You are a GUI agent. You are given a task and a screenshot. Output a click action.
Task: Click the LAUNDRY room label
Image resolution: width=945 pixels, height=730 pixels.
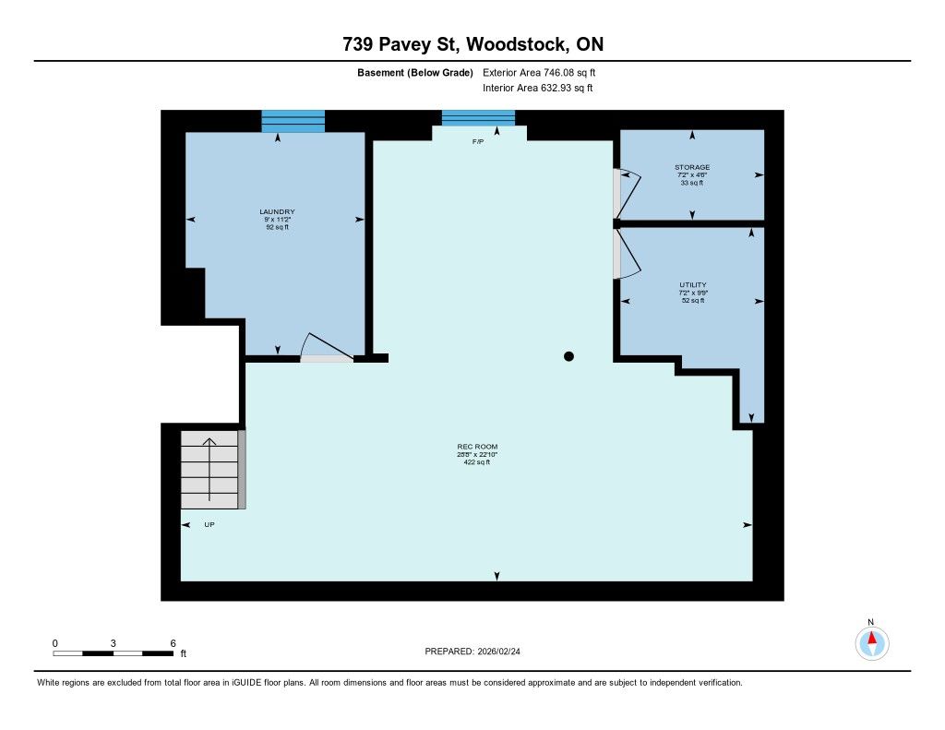(x=277, y=211)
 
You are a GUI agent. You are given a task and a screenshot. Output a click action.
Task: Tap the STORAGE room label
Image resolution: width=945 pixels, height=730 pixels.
(x=692, y=167)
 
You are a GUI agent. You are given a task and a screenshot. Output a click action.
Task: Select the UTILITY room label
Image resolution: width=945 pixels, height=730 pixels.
(x=693, y=284)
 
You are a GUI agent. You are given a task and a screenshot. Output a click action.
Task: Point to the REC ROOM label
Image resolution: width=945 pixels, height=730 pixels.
(x=477, y=447)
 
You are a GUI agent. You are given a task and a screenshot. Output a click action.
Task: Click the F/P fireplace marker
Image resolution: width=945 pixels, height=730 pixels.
(x=478, y=141)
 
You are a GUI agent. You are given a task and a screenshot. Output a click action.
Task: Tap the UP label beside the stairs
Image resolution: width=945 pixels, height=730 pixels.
(x=209, y=524)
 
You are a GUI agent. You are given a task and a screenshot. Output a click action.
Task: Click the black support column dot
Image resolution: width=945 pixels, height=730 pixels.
(x=568, y=356)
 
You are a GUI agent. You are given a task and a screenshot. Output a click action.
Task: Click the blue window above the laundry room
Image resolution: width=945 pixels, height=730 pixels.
(x=293, y=121)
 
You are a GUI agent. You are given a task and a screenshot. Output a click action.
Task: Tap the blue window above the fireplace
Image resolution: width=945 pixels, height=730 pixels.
(x=479, y=117)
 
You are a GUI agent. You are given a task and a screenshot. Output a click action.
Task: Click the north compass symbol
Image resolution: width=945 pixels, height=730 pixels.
(x=871, y=643)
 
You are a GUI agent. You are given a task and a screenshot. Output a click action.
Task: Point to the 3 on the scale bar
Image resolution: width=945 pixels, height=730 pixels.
(x=113, y=643)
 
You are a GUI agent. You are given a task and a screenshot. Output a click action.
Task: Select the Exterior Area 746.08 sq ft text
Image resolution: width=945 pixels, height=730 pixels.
(x=539, y=72)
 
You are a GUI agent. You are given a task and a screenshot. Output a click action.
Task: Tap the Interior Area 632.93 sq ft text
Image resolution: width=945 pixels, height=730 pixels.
(x=538, y=88)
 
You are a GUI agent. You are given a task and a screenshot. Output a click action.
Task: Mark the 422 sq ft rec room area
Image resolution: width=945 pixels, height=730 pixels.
(x=477, y=462)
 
